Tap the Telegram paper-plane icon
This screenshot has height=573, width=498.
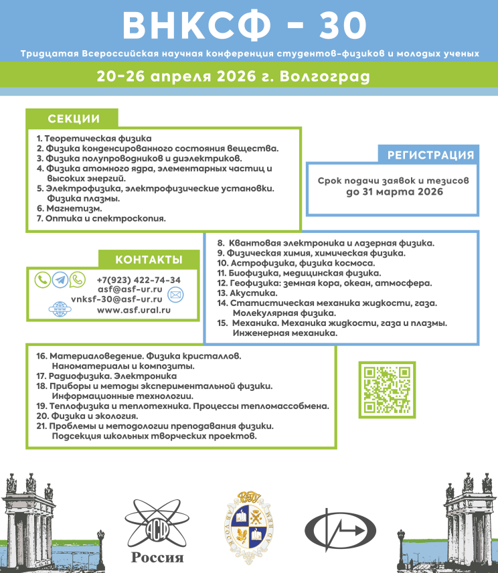(60, 280)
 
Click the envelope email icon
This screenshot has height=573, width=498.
(175, 295)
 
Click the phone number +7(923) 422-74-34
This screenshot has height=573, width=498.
(139, 280)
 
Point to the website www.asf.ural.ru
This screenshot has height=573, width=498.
(133, 310)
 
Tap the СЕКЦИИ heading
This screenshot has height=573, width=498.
(74, 119)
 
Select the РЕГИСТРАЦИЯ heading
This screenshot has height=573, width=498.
(431, 155)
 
